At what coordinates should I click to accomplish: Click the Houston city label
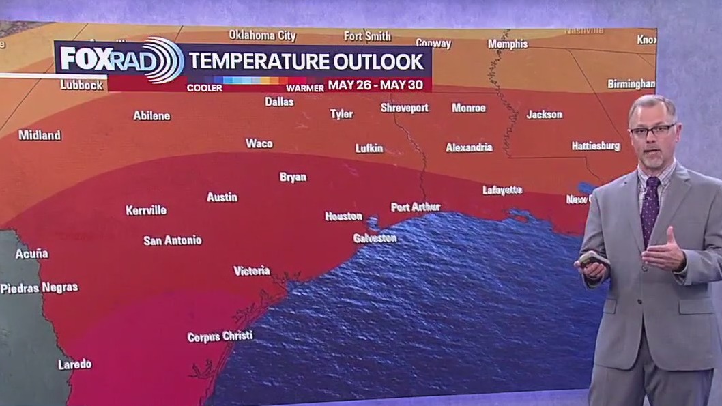(x=343, y=216)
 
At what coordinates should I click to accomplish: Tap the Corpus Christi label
(x=220, y=336)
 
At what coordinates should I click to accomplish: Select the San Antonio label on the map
(x=172, y=240)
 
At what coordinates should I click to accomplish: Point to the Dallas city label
(x=279, y=102)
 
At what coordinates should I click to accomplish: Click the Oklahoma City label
(x=262, y=35)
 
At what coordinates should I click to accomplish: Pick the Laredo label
(x=74, y=364)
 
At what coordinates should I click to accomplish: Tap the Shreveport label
(x=404, y=108)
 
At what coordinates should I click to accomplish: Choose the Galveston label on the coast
(x=375, y=238)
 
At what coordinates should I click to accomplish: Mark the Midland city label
(x=40, y=135)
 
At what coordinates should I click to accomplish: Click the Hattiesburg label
(x=595, y=146)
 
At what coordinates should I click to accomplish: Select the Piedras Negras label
(x=39, y=287)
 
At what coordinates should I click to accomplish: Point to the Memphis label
(x=508, y=44)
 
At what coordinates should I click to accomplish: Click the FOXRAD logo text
(x=102, y=59)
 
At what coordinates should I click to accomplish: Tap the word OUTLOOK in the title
(x=378, y=61)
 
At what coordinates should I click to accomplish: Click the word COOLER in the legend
(x=204, y=88)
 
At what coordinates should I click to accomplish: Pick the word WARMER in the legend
(x=304, y=88)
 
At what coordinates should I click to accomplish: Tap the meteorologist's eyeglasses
(x=653, y=130)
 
